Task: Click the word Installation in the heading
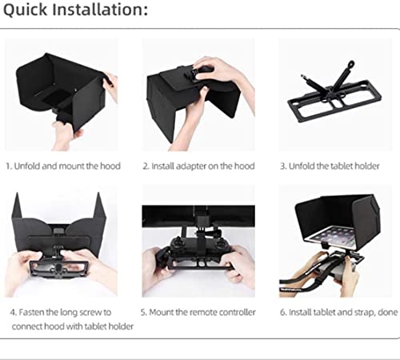(100, 10)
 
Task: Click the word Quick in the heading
(25, 10)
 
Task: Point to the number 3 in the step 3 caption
(283, 166)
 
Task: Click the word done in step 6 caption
(388, 312)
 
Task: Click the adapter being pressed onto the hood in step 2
(197, 73)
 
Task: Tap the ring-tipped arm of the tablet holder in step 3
(343, 74)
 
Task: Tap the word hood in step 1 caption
(110, 166)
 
